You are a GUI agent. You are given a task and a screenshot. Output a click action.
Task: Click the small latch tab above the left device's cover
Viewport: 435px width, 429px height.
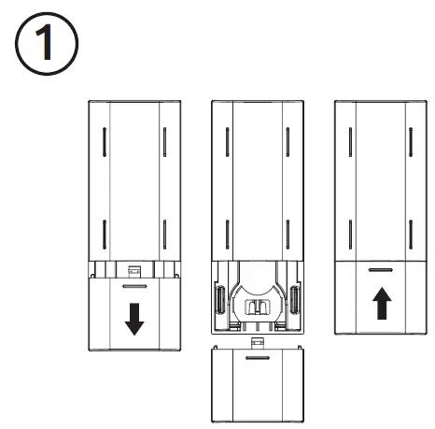[x=134, y=269]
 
